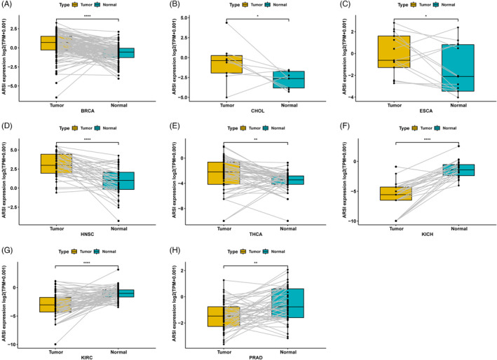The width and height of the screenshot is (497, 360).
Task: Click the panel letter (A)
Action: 8,4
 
